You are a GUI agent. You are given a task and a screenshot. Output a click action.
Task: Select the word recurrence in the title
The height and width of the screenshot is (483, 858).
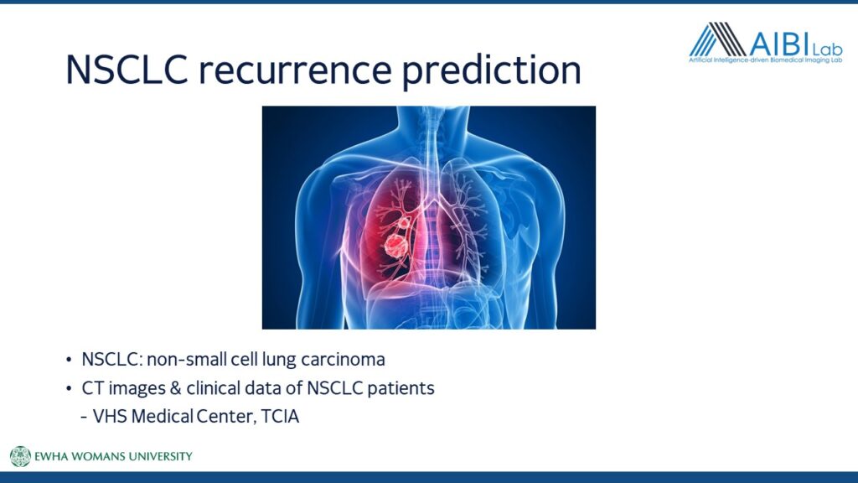point(296,70)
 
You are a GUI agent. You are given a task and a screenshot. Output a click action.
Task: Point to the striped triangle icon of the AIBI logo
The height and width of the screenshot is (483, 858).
point(718,39)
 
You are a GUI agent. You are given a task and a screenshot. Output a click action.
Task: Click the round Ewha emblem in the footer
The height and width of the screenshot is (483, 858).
point(20,456)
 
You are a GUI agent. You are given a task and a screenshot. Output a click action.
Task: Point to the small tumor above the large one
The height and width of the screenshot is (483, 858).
point(404,221)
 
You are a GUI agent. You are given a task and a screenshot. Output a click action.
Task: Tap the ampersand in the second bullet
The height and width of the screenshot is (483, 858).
point(175,388)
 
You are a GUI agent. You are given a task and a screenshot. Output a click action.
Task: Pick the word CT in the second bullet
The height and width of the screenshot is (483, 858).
point(92,388)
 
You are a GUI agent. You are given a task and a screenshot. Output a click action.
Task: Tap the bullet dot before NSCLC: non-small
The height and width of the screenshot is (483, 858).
point(69,360)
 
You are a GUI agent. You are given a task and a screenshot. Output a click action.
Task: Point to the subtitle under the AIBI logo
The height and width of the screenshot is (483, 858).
point(766,60)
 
